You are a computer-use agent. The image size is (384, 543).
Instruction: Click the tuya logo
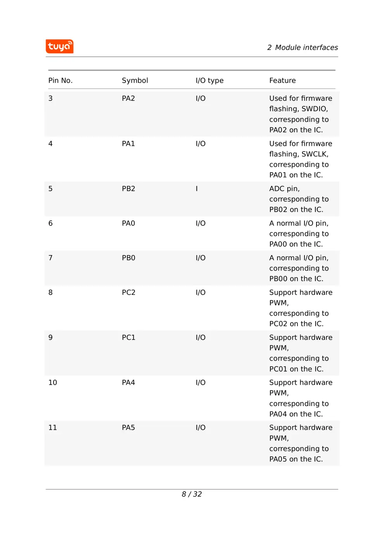59,47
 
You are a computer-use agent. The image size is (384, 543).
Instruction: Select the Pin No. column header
60,81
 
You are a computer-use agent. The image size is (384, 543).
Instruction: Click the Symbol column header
135,81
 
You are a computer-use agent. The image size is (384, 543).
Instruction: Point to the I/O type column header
209,81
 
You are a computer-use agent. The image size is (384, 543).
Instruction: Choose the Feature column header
282,81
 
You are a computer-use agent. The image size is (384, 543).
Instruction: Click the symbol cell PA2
128,99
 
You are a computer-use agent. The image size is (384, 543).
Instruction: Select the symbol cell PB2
128,189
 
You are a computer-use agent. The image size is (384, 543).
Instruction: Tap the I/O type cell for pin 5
197,189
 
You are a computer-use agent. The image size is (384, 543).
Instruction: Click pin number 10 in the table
53,383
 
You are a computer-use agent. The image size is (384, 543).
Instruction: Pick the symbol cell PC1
128,338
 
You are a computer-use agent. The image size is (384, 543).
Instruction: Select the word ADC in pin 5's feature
277,189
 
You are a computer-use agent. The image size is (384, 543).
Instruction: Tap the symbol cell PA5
128,428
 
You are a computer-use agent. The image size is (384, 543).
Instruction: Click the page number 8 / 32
192,494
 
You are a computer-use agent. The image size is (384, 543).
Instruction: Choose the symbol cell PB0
128,258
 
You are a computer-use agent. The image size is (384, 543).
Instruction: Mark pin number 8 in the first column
50,292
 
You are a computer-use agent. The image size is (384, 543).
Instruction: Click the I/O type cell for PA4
201,383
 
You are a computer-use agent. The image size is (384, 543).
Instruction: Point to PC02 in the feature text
278,324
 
